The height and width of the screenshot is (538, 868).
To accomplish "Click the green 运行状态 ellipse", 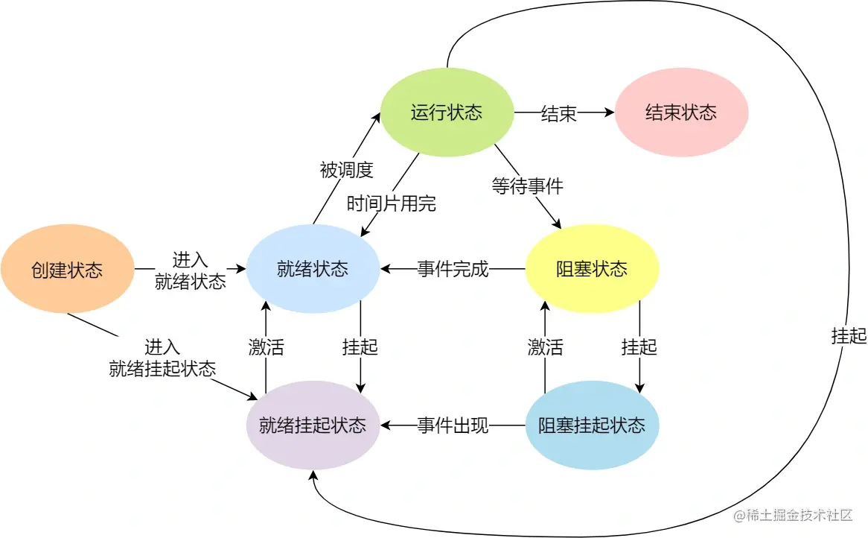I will [x=447, y=113].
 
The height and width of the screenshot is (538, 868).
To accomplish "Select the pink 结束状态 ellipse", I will [x=680, y=113].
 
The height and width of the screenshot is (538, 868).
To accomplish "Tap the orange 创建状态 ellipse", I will [x=67, y=270].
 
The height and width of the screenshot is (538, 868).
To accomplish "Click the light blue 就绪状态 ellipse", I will [x=313, y=269].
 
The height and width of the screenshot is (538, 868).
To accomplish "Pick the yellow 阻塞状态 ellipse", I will [x=592, y=269].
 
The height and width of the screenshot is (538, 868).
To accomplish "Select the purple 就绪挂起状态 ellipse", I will [x=313, y=425].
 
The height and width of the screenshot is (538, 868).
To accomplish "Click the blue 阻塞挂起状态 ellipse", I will [x=592, y=425].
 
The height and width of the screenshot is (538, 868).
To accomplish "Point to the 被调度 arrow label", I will [x=346, y=170].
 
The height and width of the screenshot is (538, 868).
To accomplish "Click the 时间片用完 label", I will [x=392, y=203].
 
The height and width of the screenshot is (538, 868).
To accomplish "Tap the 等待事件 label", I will [x=527, y=186].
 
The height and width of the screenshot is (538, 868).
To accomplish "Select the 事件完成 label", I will [x=453, y=269].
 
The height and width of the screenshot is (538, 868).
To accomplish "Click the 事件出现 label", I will [x=453, y=425].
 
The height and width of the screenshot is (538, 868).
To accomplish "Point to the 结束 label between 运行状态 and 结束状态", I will [x=558, y=113].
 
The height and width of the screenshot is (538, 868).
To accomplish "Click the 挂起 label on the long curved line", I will [x=849, y=336].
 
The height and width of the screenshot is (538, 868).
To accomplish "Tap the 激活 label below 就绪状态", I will [x=266, y=347].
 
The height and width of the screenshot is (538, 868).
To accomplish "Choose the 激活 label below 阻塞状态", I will [x=545, y=347].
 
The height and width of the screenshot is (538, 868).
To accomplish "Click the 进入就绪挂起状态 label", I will [x=162, y=358].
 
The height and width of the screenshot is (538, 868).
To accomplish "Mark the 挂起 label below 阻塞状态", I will [x=639, y=347].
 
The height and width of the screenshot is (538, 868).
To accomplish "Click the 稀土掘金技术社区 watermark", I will [x=792, y=516].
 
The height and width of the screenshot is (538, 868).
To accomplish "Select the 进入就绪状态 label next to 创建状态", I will [x=190, y=270].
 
